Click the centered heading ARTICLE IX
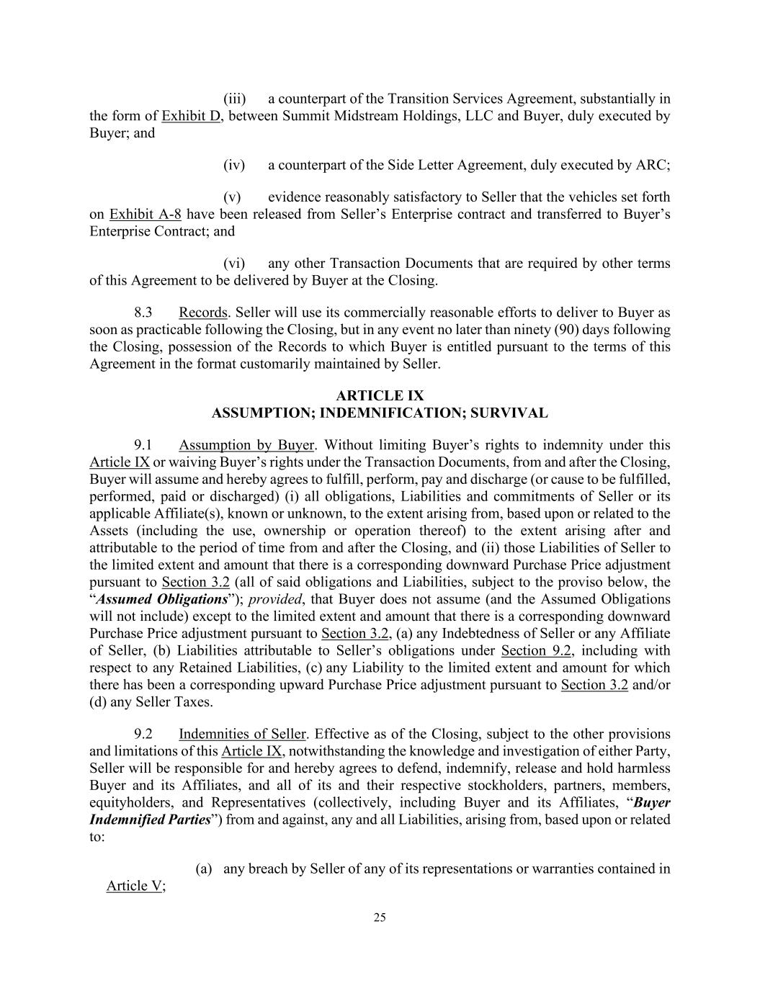pyautogui.click(x=380, y=396)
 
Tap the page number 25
pyautogui.click(x=380, y=917)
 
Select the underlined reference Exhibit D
pyautogui.click(x=191, y=116)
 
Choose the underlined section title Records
pyautogui.click(x=202, y=313)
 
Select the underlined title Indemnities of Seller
pyautogui.click(x=242, y=734)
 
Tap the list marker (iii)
pyautogui.click(x=234, y=99)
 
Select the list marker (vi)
pyautogui.click(x=234, y=264)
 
